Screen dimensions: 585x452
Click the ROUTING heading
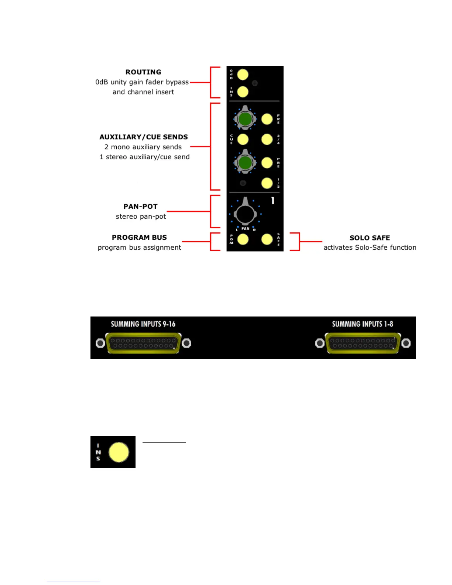click(143, 72)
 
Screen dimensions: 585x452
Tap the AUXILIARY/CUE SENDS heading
click(144, 137)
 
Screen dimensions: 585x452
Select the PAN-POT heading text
click(140, 206)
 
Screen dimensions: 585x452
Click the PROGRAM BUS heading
click(139, 237)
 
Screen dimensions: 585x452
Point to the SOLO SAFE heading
click(370, 238)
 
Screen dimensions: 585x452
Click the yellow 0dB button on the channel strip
click(243, 74)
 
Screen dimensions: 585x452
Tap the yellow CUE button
click(243, 139)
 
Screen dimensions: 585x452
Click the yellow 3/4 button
click(267, 139)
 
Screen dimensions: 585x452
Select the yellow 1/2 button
click(267, 183)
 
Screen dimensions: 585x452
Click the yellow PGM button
click(243, 239)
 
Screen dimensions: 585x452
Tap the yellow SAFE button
click(267, 239)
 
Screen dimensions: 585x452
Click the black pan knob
click(245, 214)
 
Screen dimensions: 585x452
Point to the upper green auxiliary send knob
click(245, 119)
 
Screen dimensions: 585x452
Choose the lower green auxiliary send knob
click(245, 162)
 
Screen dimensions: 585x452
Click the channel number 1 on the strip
click(273, 201)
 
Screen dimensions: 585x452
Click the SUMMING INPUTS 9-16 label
click(143, 324)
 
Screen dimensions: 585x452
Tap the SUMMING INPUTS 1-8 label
click(362, 324)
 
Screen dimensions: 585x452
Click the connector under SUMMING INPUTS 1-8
click(363, 343)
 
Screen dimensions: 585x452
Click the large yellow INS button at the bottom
click(119, 452)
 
